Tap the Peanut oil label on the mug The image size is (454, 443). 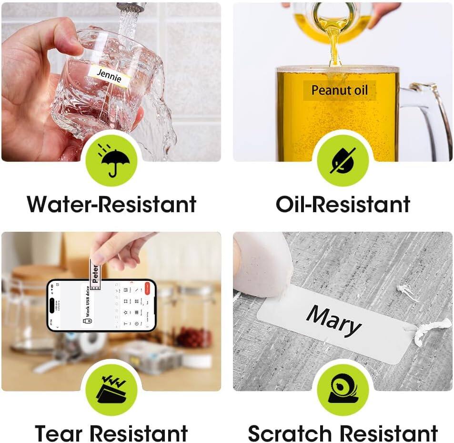point(340,90)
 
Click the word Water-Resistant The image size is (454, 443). point(111,204)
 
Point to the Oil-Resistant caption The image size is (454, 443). point(343,204)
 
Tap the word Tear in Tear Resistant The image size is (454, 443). point(60,433)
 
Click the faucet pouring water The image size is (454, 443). point(131,8)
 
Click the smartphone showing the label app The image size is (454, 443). point(101,305)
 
